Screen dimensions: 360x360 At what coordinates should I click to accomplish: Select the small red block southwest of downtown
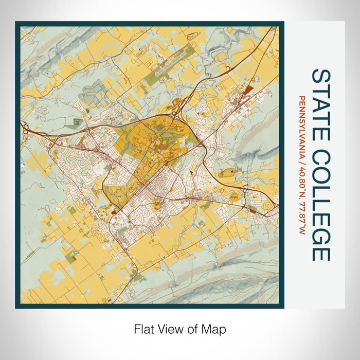coord(113,209)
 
